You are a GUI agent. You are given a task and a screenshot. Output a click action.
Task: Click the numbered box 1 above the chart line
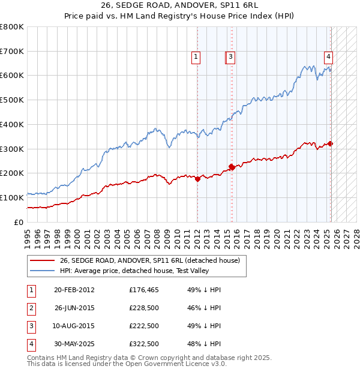[196, 58]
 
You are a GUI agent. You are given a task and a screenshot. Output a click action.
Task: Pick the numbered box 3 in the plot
[230, 58]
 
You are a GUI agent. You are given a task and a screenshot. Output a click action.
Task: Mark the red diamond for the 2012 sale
[197, 178]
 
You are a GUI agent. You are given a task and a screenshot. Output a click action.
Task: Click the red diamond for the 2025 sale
[331, 143]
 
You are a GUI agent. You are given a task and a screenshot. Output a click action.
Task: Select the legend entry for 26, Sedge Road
[149, 260]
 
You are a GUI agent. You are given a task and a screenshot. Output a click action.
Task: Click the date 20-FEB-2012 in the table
[74, 290]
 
